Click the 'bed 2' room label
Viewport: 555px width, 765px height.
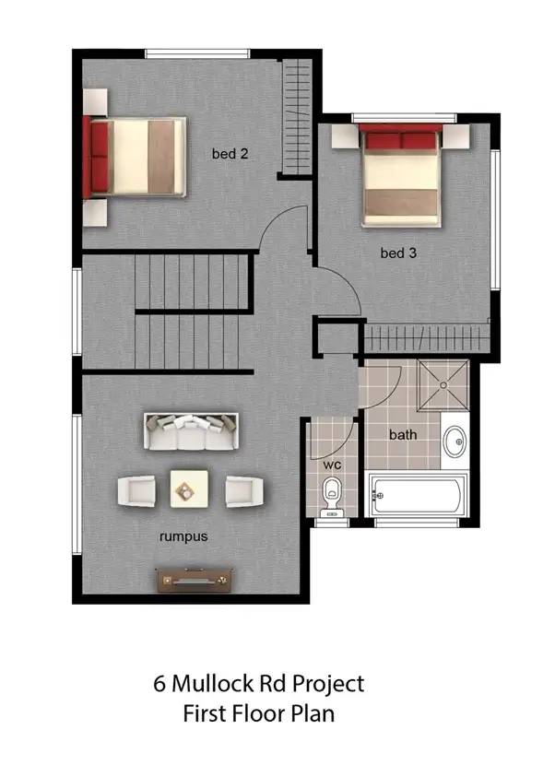(230, 154)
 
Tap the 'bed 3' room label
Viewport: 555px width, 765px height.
(398, 253)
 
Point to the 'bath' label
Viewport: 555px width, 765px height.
(402, 434)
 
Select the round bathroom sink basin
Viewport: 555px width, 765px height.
(454, 444)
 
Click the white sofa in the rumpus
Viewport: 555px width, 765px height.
(191, 430)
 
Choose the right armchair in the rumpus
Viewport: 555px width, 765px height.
(244, 489)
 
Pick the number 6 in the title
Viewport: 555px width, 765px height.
(160, 684)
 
